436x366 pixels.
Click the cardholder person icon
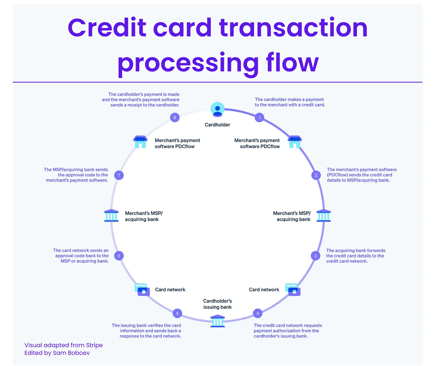(217, 109)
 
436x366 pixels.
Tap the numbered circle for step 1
(259, 118)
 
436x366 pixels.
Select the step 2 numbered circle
(316, 175)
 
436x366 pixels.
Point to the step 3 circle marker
(315, 256)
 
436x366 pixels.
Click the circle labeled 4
(258, 313)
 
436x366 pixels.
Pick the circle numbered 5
(177, 313)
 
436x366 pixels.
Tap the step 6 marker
(119, 256)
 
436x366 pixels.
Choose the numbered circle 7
(119, 175)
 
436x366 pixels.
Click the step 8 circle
(175, 118)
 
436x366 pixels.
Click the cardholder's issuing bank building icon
(218, 321)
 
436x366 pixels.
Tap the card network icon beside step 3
(293, 289)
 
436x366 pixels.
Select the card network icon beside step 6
(142, 289)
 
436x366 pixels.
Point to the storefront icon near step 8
(140, 142)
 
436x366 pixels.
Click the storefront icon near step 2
(295, 142)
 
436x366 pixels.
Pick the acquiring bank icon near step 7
(111, 216)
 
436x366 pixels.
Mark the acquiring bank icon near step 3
(324, 216)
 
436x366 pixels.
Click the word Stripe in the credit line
(94, 345)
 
